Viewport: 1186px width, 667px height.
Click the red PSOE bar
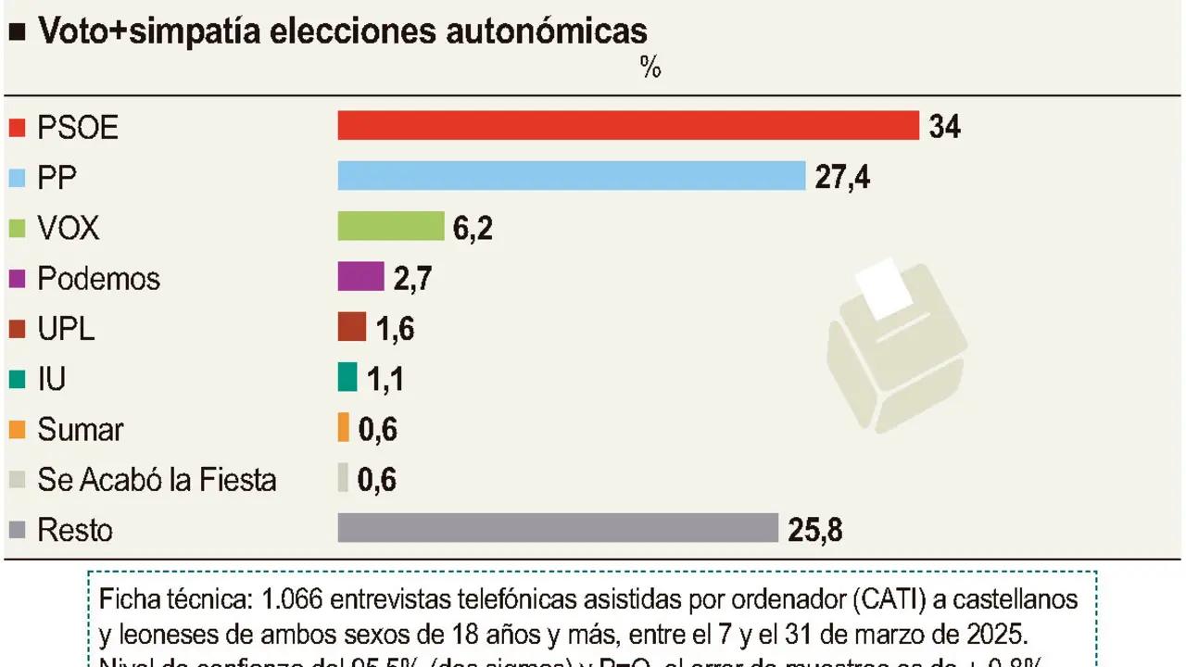pyautogui.click(x=627, y=126)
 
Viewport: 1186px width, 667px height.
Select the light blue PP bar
pyautogui.click(x=571, y=176)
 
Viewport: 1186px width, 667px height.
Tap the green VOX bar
pyautogui.click(x=390, y=226)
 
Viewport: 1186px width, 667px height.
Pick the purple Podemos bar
pyautogui.click(x=360, y=277)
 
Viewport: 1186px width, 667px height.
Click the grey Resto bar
pyautogui.click(x=558, y=528)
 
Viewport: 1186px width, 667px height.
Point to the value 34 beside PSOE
pyautogui.click(x=944, y=127)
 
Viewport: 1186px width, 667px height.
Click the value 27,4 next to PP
pyautogui.click(x=842, y=177)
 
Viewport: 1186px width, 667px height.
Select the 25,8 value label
pyautogui.click(x=815, y=530)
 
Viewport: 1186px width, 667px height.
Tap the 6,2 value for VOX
pyautogui.click(x=473, y=228)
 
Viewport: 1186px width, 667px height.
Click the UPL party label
pyautogui.click(x=66, y=329)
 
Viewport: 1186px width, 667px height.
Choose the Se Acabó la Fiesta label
pyautogui.click(x=157, y=480)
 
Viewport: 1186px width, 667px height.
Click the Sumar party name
pyautogui.click(x=80, y=430)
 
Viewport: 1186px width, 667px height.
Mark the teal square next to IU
pyautogui.click(x=16, y=379)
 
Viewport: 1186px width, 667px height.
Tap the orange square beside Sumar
pyautogui.click(x=16, y=430)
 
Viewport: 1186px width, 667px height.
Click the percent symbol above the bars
pyautogui.click(x=650, y=69)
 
